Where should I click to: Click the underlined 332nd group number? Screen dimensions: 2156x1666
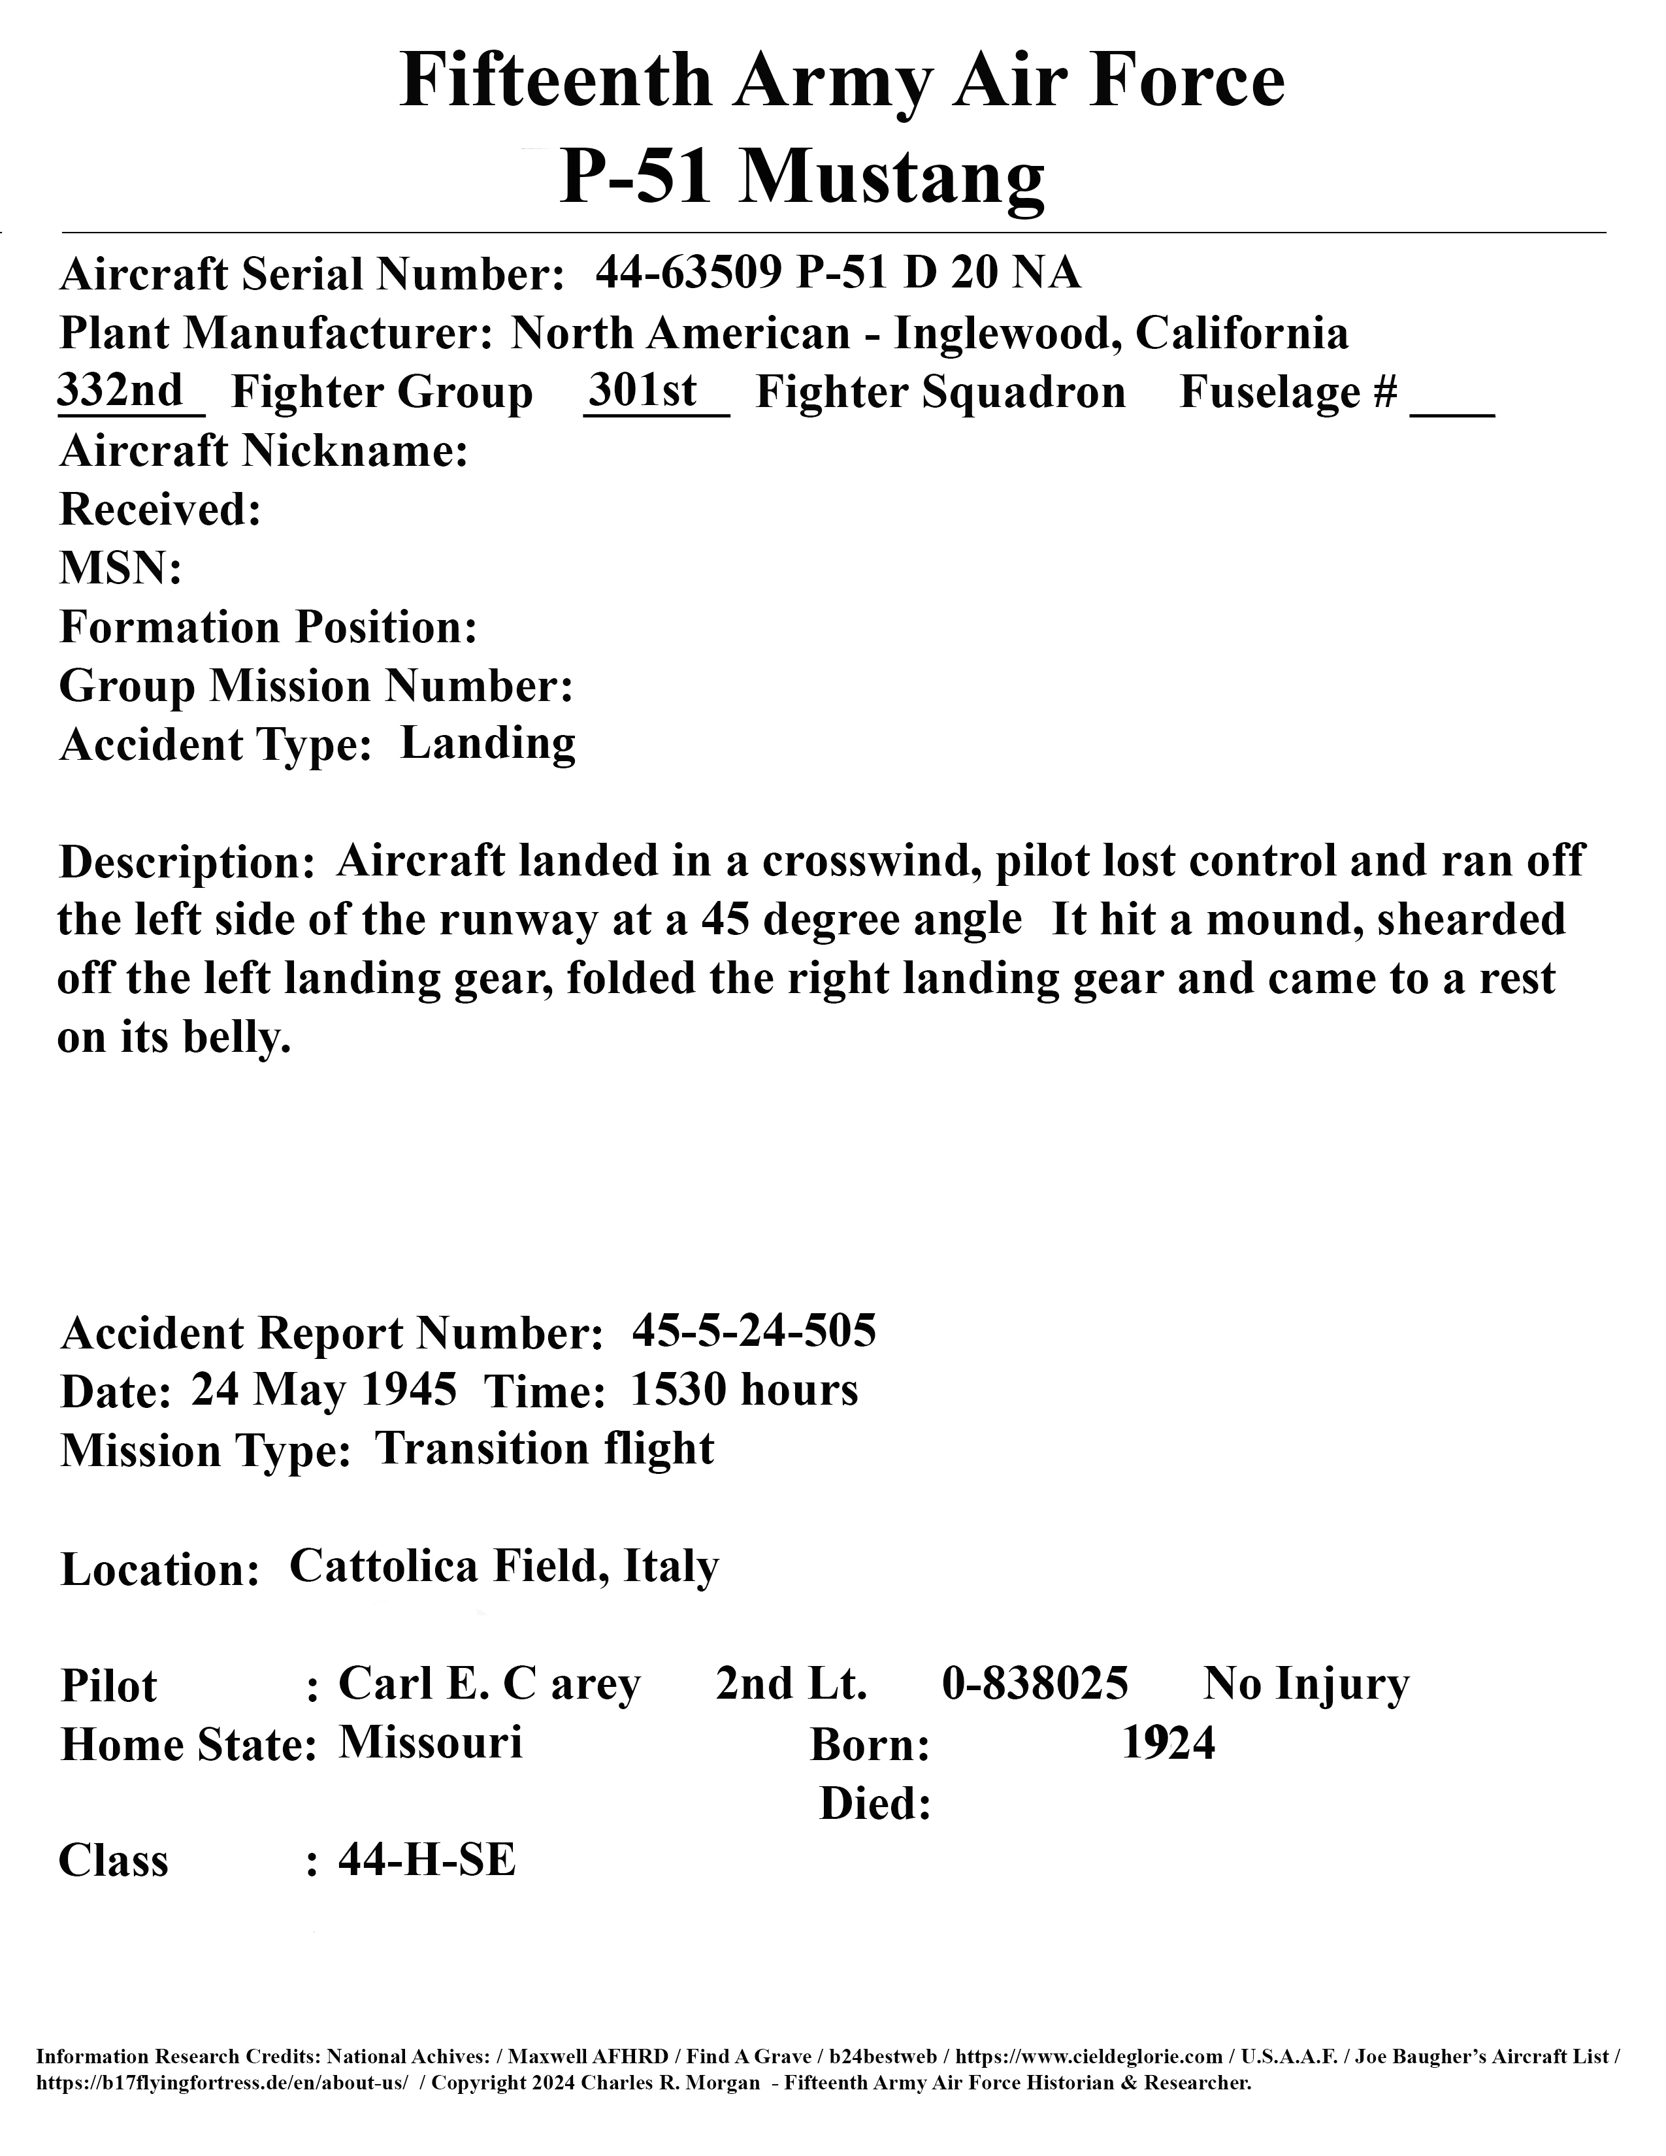[120, 391]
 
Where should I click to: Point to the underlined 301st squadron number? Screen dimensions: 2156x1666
[642, 391]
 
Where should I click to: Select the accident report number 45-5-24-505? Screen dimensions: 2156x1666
[754, 1331]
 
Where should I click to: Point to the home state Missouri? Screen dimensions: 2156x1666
[431, 1742]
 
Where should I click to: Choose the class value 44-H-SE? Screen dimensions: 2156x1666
[427, 1860]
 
